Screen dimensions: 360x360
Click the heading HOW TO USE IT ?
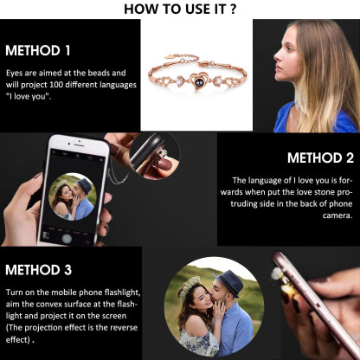(179, 9)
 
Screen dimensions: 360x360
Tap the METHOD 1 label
(38, 49)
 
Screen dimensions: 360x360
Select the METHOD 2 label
(319, 158)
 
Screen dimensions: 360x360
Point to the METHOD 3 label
(39, 270)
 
